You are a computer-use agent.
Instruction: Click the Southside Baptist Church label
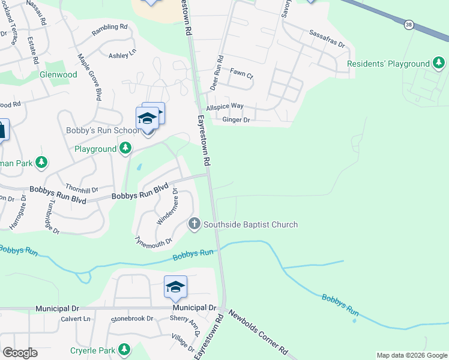(250, 225)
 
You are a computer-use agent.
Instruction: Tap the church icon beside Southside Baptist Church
(194, 224)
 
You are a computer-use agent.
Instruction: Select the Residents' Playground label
(389, 64)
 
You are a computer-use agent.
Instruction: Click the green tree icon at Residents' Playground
(439, 63)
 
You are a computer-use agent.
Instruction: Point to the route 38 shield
(409, 25)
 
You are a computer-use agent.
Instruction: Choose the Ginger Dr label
(236, 120)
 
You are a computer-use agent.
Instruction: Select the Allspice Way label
(224, 106)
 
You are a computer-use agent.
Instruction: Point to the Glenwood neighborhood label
(58, 75)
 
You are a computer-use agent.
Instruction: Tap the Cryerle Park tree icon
(124, 349)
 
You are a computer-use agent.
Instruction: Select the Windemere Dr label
(167, 207)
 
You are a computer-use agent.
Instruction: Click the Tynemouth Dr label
(154, 242)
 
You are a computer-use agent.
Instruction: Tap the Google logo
(20, 353)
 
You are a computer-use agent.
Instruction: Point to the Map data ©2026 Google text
(411, 355)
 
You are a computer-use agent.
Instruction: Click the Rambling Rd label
(109, 27)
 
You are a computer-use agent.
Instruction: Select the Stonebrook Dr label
(130, 318)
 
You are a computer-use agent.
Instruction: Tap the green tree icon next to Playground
(125, 148)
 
